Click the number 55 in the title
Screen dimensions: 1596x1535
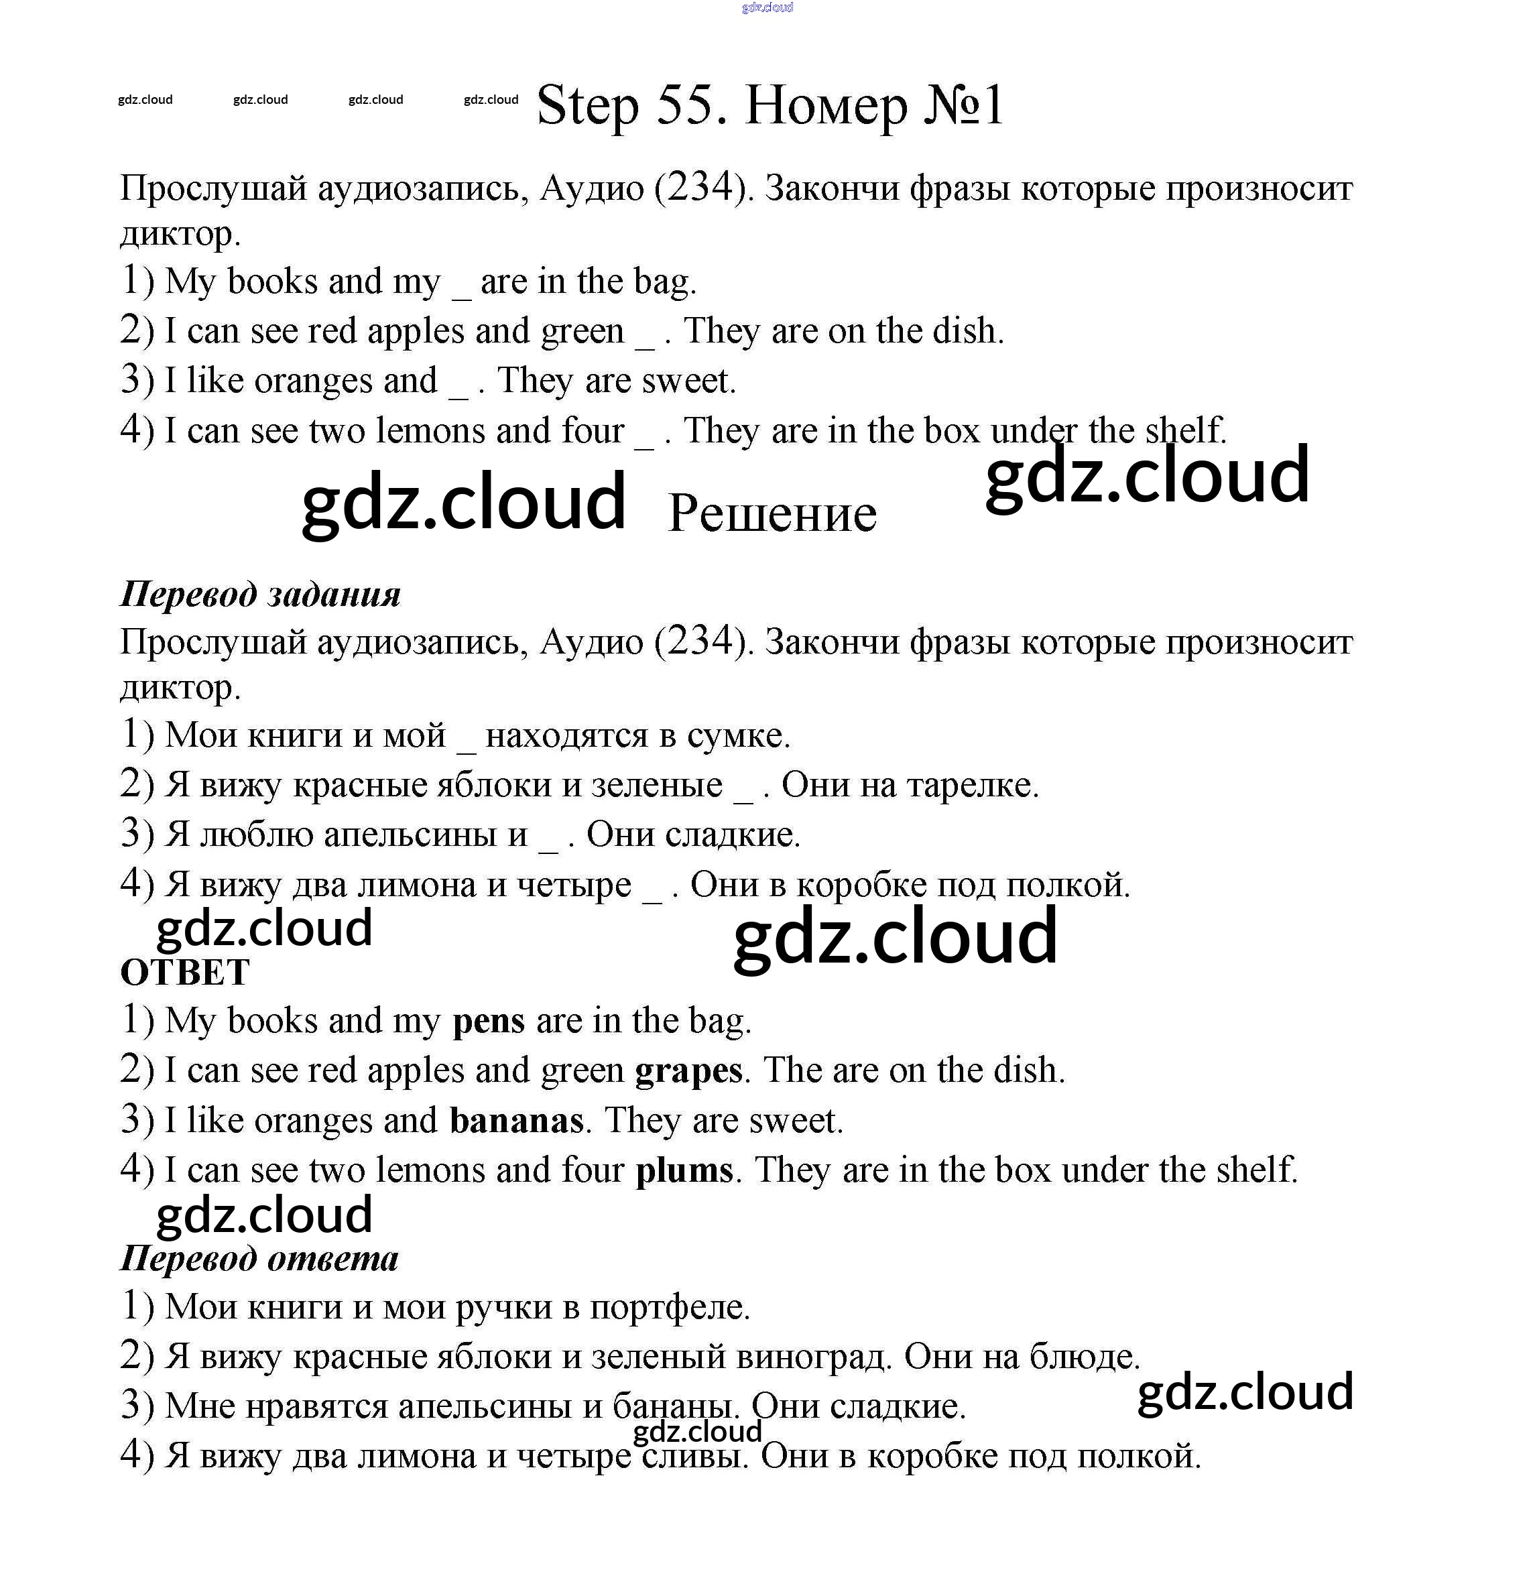(x=685, y=106)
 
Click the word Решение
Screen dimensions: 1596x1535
(x=772, y=514)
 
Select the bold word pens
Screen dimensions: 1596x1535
(x=489, y=1021)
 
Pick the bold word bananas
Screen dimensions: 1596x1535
(x=516, y=1121)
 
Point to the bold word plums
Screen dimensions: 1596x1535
(x=684, y=1171)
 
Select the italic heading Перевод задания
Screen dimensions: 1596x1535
(x=261, y=595)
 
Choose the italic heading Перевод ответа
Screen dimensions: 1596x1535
(x=259, y=1259)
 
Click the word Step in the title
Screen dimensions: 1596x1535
(x=588, y=106)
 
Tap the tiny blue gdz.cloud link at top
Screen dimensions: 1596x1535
(x=767, y=8)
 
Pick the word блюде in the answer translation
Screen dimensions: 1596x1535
(x=1083, y=1357)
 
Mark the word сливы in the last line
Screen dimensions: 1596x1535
(x=694, y=1457)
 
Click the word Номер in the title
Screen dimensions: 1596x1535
(x=826, y=106)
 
